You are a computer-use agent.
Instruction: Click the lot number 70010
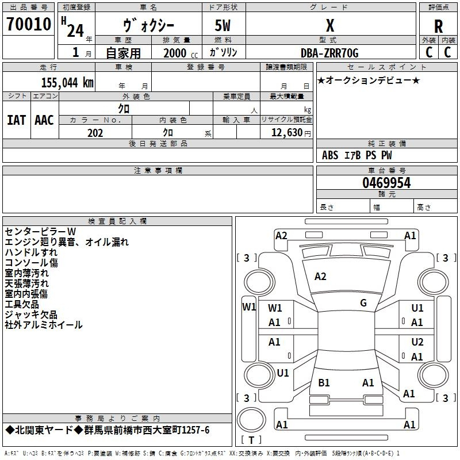[29, 25]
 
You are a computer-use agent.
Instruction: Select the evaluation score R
[438, 26]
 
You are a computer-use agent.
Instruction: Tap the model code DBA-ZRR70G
[329, 53]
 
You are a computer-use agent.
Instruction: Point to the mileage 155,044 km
[67, 82]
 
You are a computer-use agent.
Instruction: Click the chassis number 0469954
[386, 183]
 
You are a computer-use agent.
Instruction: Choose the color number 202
[95, 133]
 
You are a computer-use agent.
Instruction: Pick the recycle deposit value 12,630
[286, 133]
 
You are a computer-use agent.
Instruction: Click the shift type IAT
[16, 120]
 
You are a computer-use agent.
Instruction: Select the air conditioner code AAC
[44, 120]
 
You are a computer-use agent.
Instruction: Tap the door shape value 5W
[224, 26]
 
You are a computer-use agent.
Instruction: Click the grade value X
[329, 26]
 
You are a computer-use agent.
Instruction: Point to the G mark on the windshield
[363, 303]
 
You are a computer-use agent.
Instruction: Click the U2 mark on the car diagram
[417, 342]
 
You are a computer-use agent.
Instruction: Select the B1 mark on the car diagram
[324, 382]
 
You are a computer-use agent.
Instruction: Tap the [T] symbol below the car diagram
[251, 440]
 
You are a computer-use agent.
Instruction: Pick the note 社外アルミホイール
[44, 325]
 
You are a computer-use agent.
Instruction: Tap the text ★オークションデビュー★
[369, 80]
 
